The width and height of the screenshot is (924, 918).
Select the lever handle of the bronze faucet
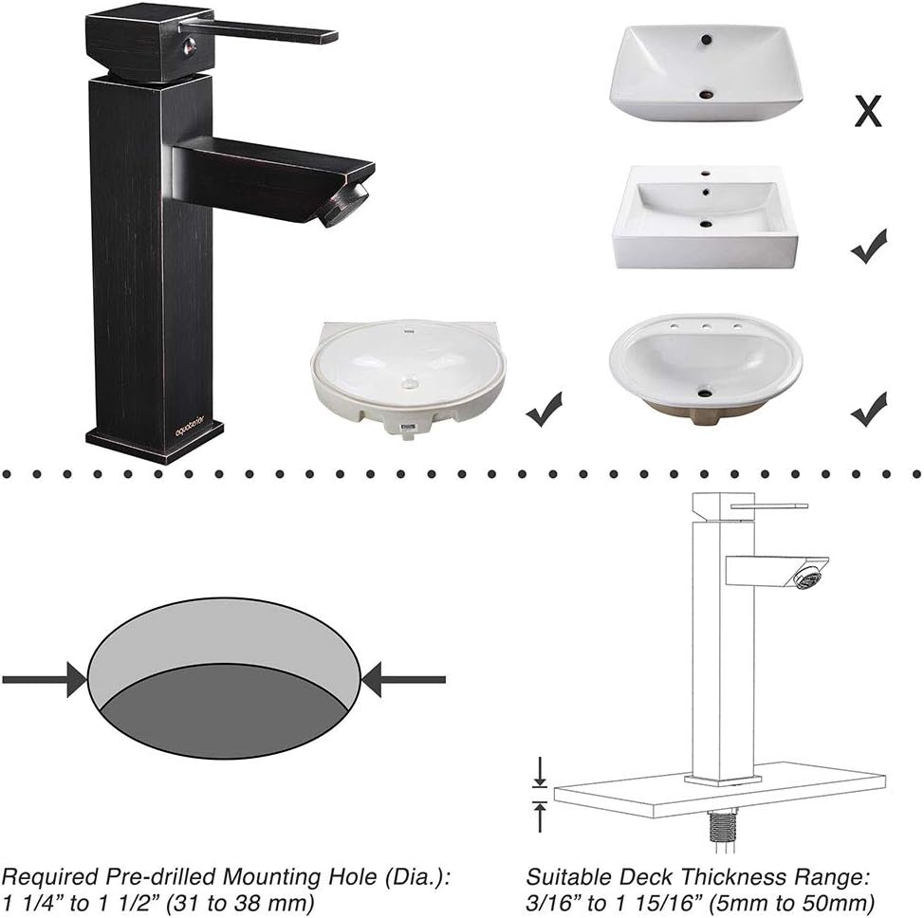[x=275, y=31]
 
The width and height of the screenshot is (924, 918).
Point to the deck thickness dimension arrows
[x=539, y=793]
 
